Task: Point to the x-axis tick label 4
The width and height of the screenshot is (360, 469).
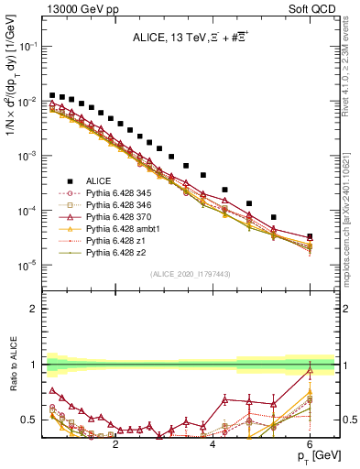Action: (213, 442)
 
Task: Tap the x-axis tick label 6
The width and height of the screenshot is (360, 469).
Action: (310, 442)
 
